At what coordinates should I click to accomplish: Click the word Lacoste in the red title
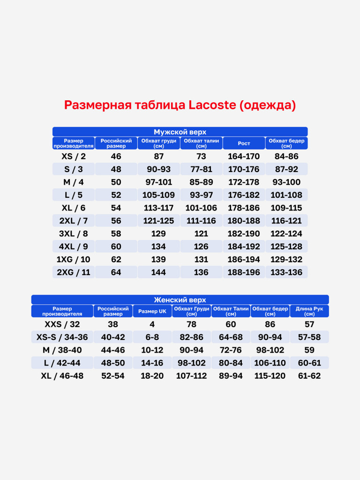click(x=212, y=105)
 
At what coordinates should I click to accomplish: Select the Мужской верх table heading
click(x=180, y=132)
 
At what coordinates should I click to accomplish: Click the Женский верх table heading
click(x=180, y=300)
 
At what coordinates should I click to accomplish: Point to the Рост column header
click(x=244, y=143)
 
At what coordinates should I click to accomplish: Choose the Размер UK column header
click(x=152, y=311)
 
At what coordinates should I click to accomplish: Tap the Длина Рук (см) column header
click(x=309, y=311)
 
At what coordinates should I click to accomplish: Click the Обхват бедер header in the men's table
click(x=286, y=143)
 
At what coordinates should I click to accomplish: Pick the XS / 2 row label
click(x=74, y=157)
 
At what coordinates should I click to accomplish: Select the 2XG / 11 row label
click(x=74, y=272)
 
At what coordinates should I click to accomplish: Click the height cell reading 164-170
click(x=244, y=157)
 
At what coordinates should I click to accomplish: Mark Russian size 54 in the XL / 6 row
click(x=116, y=208)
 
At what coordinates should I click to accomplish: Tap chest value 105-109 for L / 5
click(x=158, y=195)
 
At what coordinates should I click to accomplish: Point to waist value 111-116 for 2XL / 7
click(x=201, y=221)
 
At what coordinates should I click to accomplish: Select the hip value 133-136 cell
click(x=286, y=272)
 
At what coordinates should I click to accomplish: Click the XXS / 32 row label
click(x=62, y=324)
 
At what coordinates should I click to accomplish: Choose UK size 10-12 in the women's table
click(x=152, y=350)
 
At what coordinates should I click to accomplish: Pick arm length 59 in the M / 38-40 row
click(x=309, y=350)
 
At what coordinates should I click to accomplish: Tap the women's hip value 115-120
click(x=270, y=376)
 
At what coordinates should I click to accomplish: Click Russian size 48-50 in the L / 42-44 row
click(x=113, y=363)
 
